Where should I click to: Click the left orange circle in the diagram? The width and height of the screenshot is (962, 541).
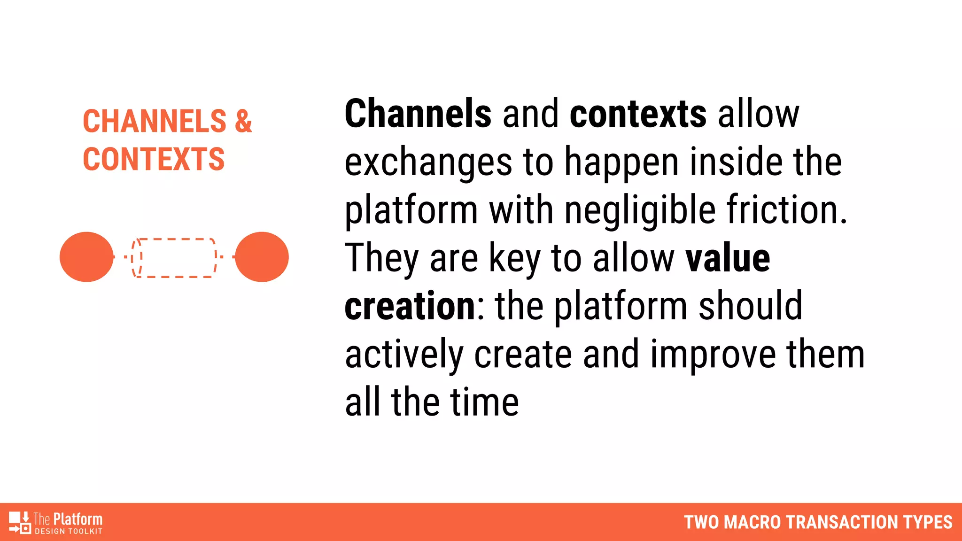[86, 257]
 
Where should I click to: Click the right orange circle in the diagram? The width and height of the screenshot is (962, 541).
[262, 257]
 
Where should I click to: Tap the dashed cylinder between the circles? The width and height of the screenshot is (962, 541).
[174, 258]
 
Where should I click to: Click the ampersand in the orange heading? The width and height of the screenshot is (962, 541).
[243, 121]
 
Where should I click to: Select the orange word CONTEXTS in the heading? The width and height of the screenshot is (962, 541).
[154, 159]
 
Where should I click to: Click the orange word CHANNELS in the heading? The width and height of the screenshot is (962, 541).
[155, 121]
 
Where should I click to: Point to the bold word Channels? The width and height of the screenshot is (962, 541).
[418, 114]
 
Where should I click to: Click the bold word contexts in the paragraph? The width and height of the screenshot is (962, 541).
[638, 114]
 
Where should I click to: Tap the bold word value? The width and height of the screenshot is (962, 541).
[728, 258]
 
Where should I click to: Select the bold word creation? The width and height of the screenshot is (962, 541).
[410, 306]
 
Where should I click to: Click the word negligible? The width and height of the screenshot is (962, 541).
[640, 210]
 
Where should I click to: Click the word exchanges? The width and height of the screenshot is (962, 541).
[428, 162]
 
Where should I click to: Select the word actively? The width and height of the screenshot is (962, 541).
[404, 355]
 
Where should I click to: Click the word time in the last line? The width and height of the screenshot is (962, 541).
[484, 402]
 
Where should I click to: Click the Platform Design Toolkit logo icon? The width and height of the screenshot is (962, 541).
[20, 522]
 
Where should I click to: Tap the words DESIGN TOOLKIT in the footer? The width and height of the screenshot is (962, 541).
[69, 532]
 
